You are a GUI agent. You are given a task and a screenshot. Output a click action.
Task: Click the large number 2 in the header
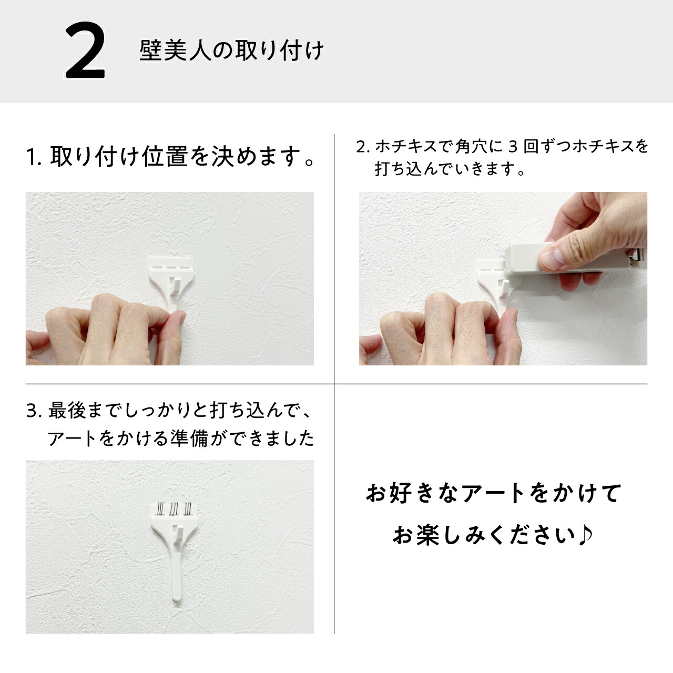(85, 52)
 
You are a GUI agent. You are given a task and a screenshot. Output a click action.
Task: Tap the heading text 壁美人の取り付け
(231, 51)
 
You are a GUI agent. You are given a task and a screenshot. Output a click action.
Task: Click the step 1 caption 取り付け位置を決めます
(169, 157)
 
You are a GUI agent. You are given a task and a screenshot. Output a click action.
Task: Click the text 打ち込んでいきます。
(450, 169)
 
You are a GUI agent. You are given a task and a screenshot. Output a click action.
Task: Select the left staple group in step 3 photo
(160, 508)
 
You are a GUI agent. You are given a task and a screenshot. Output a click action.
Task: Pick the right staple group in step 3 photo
(187, 508)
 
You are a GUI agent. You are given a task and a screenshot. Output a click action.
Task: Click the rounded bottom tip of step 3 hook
(176, 596)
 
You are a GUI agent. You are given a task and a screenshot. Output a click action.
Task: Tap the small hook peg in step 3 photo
(178, 532)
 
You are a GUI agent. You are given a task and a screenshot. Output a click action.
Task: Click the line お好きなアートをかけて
(493, 494)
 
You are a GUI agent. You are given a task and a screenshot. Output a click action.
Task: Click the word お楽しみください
(484, 536)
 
